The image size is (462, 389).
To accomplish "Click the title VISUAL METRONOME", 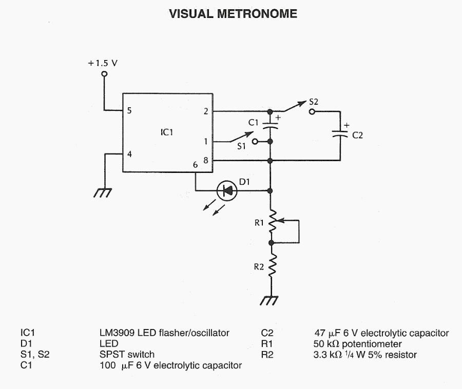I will [233, 14].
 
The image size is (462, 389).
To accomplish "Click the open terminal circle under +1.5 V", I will [104, 74].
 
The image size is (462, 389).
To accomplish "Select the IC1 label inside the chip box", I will [167, 132].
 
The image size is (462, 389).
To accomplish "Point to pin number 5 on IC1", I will [129, 110].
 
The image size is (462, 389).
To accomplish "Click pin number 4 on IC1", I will [129, 153].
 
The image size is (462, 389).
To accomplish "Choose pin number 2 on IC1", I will [206, 110].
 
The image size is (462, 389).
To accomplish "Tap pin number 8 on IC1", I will [206, 161].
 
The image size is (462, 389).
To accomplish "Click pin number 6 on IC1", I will [195, 165].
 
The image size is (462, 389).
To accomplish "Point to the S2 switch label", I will [314, 102].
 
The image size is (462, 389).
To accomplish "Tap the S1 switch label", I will [241, 146].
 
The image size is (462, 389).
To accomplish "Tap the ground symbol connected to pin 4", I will [103, 192].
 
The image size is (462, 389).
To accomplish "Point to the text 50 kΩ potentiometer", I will [357, 344].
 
